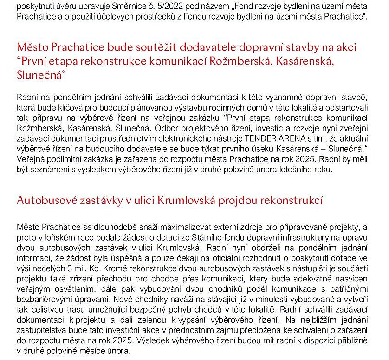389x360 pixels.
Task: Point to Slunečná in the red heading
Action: point(39,75)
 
